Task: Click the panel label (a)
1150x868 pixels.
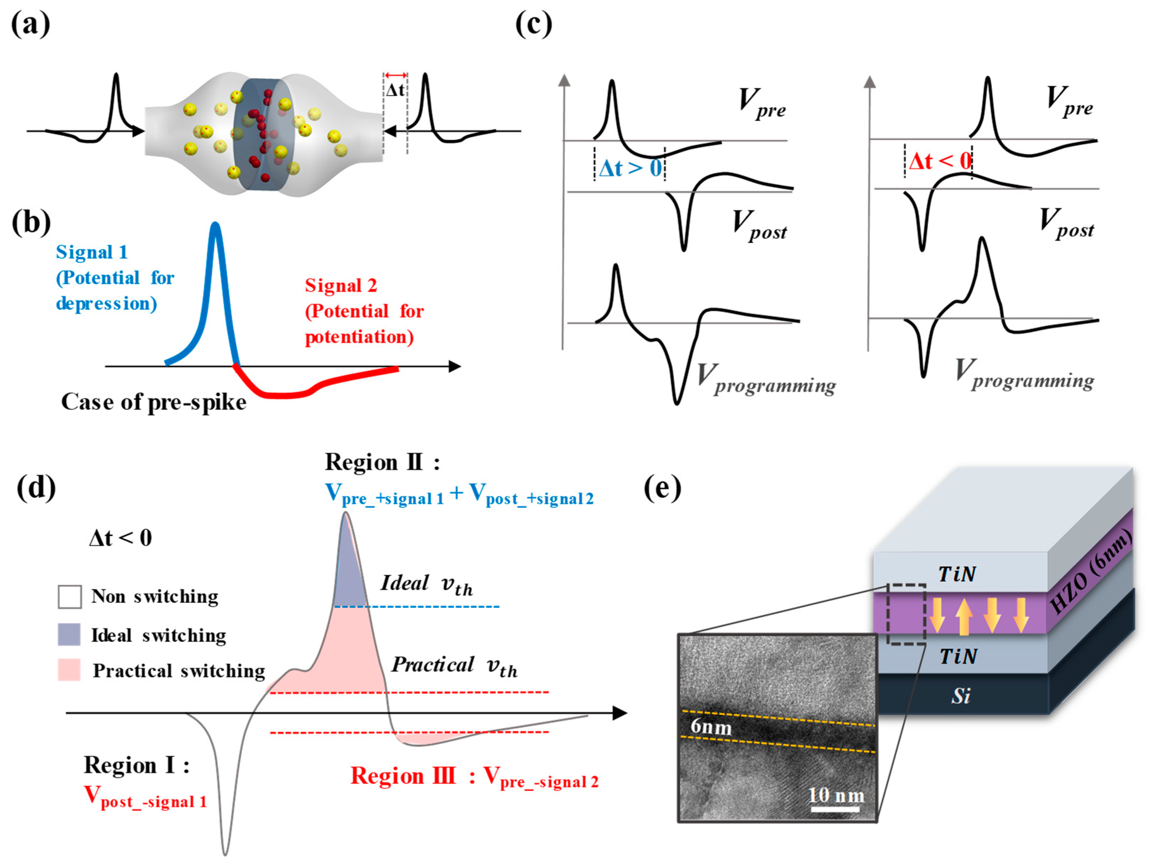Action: [x=30, y=24]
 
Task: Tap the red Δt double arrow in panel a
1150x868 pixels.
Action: [x=396, y=76]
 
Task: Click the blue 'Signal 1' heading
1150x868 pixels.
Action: [x=91, y=252]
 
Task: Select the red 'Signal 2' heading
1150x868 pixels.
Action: [x=340, y=285]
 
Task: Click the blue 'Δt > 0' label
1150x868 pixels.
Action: [x=630, y=168]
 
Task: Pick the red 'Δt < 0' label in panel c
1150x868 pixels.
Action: [x=939, y=161]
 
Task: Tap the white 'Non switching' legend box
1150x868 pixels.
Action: [x=69, y=597]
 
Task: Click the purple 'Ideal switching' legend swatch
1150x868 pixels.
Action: [x=69, y=635]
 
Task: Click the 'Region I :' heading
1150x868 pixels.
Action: [x=136, y=766]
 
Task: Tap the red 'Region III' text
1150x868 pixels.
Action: [x=403, y=777]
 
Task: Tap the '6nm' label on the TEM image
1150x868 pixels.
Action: [x=711, y=727]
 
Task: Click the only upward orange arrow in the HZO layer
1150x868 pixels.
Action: [x=963, y=617]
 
